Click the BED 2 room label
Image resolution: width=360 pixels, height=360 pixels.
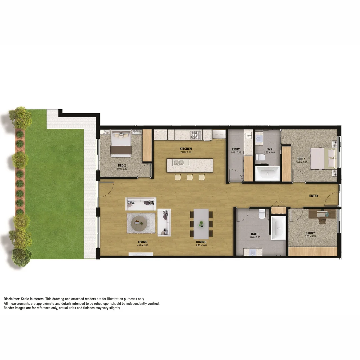[x=122, y=165]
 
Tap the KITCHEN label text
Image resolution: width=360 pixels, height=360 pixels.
[x=186, y=149]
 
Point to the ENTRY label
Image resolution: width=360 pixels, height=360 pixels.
[x=313, y=196]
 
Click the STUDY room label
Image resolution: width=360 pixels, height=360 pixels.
[x=310, y=233]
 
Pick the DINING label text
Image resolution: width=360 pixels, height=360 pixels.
[x=201, y=242]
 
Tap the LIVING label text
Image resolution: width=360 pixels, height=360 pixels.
[x=142, y=242]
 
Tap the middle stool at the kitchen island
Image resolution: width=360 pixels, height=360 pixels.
[x=190, y=177]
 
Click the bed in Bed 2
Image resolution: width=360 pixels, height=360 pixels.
[x=121, y=143]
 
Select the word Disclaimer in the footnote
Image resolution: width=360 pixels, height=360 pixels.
[x=12, y=299]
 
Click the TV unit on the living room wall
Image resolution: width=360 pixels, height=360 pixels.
[x=141, y=254]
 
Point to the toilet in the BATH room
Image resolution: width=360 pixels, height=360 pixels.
[x=262, y=214]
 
